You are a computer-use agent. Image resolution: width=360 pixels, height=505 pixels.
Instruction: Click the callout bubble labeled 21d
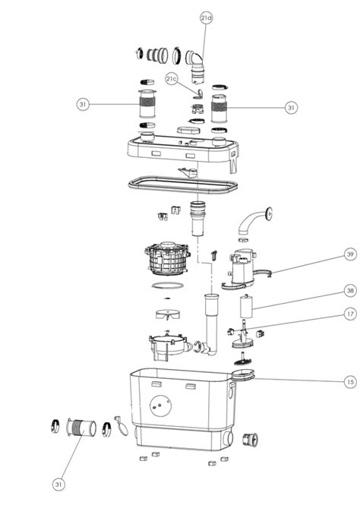pos(207,18)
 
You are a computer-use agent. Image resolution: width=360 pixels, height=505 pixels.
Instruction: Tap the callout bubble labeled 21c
pos(172,78)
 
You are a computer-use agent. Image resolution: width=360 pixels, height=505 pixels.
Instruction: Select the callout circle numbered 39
pos(350,254)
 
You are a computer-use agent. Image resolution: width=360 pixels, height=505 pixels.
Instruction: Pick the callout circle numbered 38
pos(350,291)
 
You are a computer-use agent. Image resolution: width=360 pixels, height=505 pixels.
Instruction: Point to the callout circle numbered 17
pos(350,314)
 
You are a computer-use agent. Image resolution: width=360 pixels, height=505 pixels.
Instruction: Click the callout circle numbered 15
pos(350,382)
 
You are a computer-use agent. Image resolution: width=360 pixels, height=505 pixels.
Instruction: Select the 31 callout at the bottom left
pos(58,484)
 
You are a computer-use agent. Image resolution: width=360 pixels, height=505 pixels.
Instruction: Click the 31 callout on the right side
pos(291,107)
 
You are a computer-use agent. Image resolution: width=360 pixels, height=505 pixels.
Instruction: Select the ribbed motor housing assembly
pos(167,258)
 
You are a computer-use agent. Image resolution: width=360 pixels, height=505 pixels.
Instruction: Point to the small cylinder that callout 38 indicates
pos(246,306)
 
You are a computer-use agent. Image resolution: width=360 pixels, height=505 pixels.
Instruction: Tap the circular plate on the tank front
pos(161,406)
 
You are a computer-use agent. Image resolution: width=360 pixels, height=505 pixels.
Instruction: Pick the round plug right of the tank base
pos(250,440)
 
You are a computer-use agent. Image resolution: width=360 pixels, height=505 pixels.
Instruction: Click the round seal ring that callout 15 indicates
pos(244,376)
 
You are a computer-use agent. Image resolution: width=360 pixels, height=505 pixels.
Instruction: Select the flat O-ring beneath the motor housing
pos(168,286)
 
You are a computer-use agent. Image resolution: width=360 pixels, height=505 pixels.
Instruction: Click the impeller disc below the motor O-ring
pos(168,314)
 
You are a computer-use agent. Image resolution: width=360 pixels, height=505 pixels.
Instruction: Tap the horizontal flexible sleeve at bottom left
pos(81,428)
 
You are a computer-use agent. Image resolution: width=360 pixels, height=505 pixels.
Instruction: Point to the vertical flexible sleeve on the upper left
pos(147,104)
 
